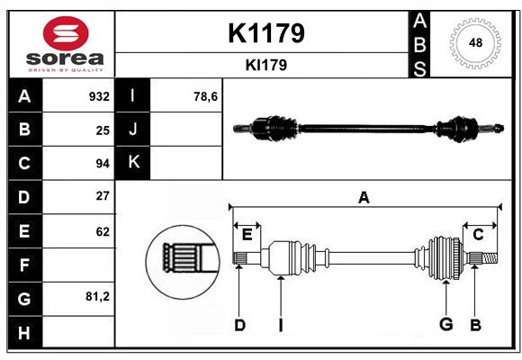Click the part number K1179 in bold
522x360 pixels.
[266, 33]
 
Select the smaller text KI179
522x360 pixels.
[266, 65]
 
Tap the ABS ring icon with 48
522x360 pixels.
[473, 42]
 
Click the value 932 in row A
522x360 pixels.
[99, 96]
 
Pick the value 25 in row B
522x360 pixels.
[103, 130]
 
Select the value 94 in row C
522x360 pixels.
[103, 164]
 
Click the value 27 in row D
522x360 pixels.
[103, 196]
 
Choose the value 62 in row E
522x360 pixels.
[103, 230]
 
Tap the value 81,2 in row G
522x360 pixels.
[97, 296]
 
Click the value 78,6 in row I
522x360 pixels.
[206, 96]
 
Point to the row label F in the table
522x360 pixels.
[24, 265]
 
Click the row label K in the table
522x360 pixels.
[134, 163]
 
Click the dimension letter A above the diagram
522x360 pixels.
[364, 197]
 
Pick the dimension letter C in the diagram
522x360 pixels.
[478, 235]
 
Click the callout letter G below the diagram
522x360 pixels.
[445, 325]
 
